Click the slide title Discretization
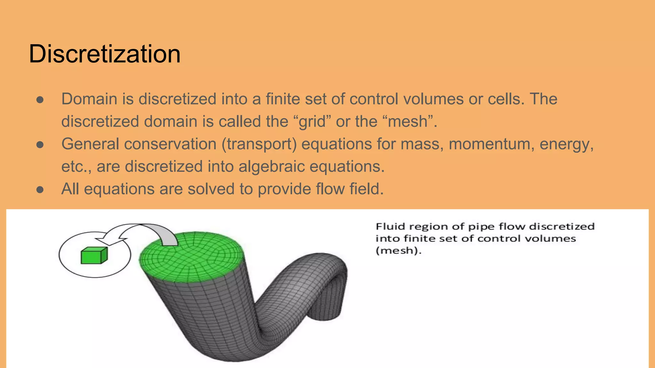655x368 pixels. point(105,54)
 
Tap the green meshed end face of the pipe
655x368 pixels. point(191,257)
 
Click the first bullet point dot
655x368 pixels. point(40,100)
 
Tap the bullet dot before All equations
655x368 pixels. point(40,189)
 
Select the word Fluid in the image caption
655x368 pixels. point(391,226)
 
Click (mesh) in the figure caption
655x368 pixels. point(398,250)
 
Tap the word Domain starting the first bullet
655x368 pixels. point(90,99)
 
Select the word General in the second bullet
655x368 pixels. point(90,144)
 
